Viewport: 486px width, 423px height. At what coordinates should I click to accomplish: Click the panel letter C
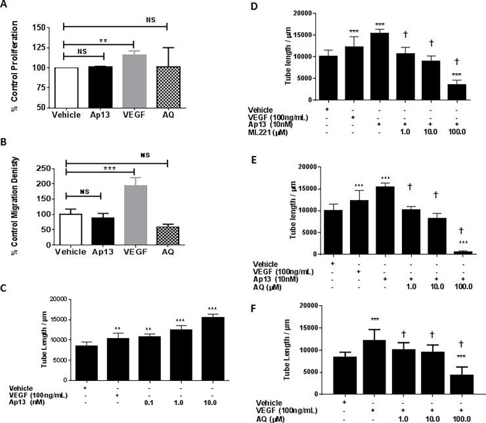pyautogui.click(x=5, y=287)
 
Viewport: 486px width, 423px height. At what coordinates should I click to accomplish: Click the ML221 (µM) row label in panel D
pyautogui.click(x=271, y=132)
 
